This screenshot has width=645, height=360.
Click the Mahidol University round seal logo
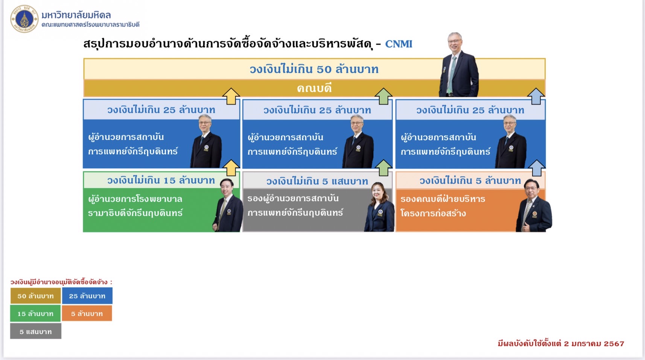pyautogui.click(x=24, y=19)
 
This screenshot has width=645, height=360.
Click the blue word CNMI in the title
pyautogui.click(x=399, y=44)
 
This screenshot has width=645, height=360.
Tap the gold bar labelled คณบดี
pyautogui.click(x=314, y=88)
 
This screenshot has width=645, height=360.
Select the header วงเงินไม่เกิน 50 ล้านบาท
pyautogui.click(x=314, y=69)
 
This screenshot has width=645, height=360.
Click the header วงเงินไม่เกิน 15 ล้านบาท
pyautogui.click(x=161, y=180)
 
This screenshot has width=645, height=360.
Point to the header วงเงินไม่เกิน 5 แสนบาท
pyautogui.click(x=317, y=181)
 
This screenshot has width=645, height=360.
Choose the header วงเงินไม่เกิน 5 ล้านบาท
pyautogui.click(x=470, y=181)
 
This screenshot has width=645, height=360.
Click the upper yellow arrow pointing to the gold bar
pyautogui.click(x=231, y=96)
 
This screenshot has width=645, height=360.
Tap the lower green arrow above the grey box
pyautogui.click(x=383, y=168)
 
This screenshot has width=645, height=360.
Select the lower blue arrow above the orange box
pyautogui.click(x=537, y=168)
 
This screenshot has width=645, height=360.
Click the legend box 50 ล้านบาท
pyautogui.click(x=35, y=296)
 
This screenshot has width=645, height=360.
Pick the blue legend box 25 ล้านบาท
pyautogui.click(x=87, y=296)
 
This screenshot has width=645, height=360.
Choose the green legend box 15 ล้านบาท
pyautogui.click(x=35, y=313)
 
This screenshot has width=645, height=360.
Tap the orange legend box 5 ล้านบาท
pyautogui.click(x=87, y=313)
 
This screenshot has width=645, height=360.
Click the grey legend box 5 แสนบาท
pyautogui.click(x=36, y=331)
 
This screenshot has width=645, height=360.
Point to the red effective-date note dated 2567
pyautogui.click(x=561, y=343)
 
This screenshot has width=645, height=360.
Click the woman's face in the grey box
pyautogui.click(x=378, y=192)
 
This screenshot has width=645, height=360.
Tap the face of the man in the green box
pyautogui.click(x=227, y=188)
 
